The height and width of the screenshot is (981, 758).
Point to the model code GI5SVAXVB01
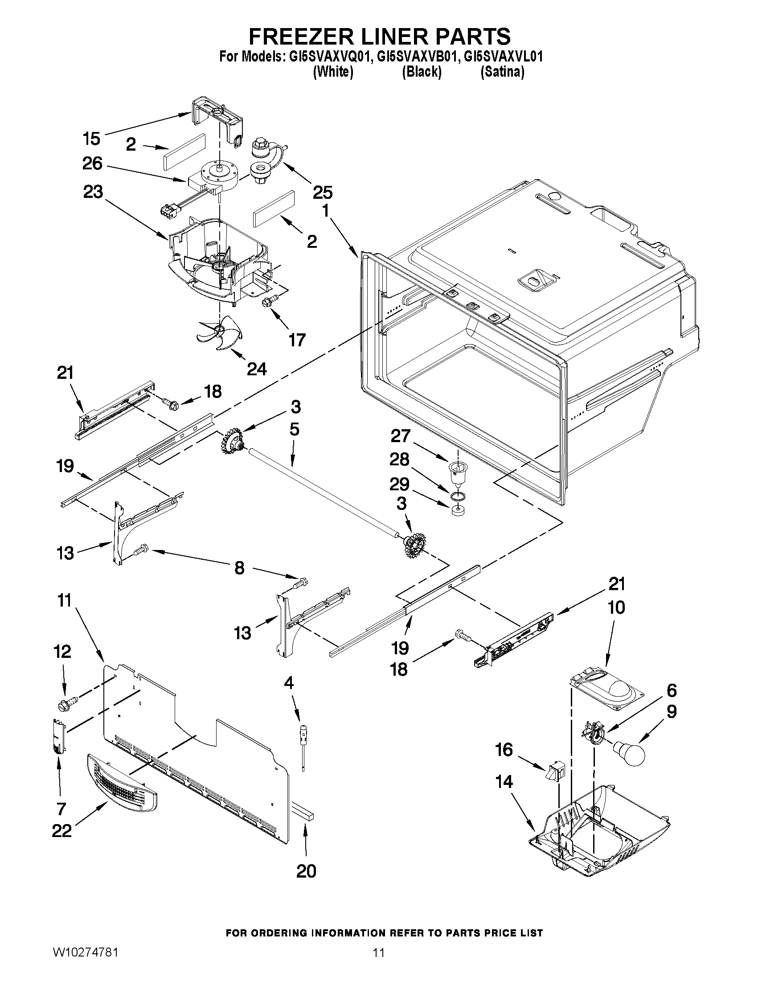pos(416,57)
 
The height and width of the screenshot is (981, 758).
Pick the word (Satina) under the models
pos(502,71)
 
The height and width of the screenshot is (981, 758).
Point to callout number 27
pos(400,436)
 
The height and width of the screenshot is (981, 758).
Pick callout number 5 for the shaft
pos(294,429)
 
